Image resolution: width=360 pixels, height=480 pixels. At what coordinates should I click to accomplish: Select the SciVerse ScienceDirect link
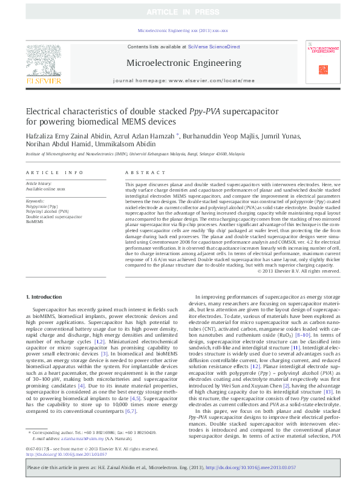[x=214, y=47]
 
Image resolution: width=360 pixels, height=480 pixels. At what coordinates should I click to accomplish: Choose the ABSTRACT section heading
[x=137, y=172]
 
